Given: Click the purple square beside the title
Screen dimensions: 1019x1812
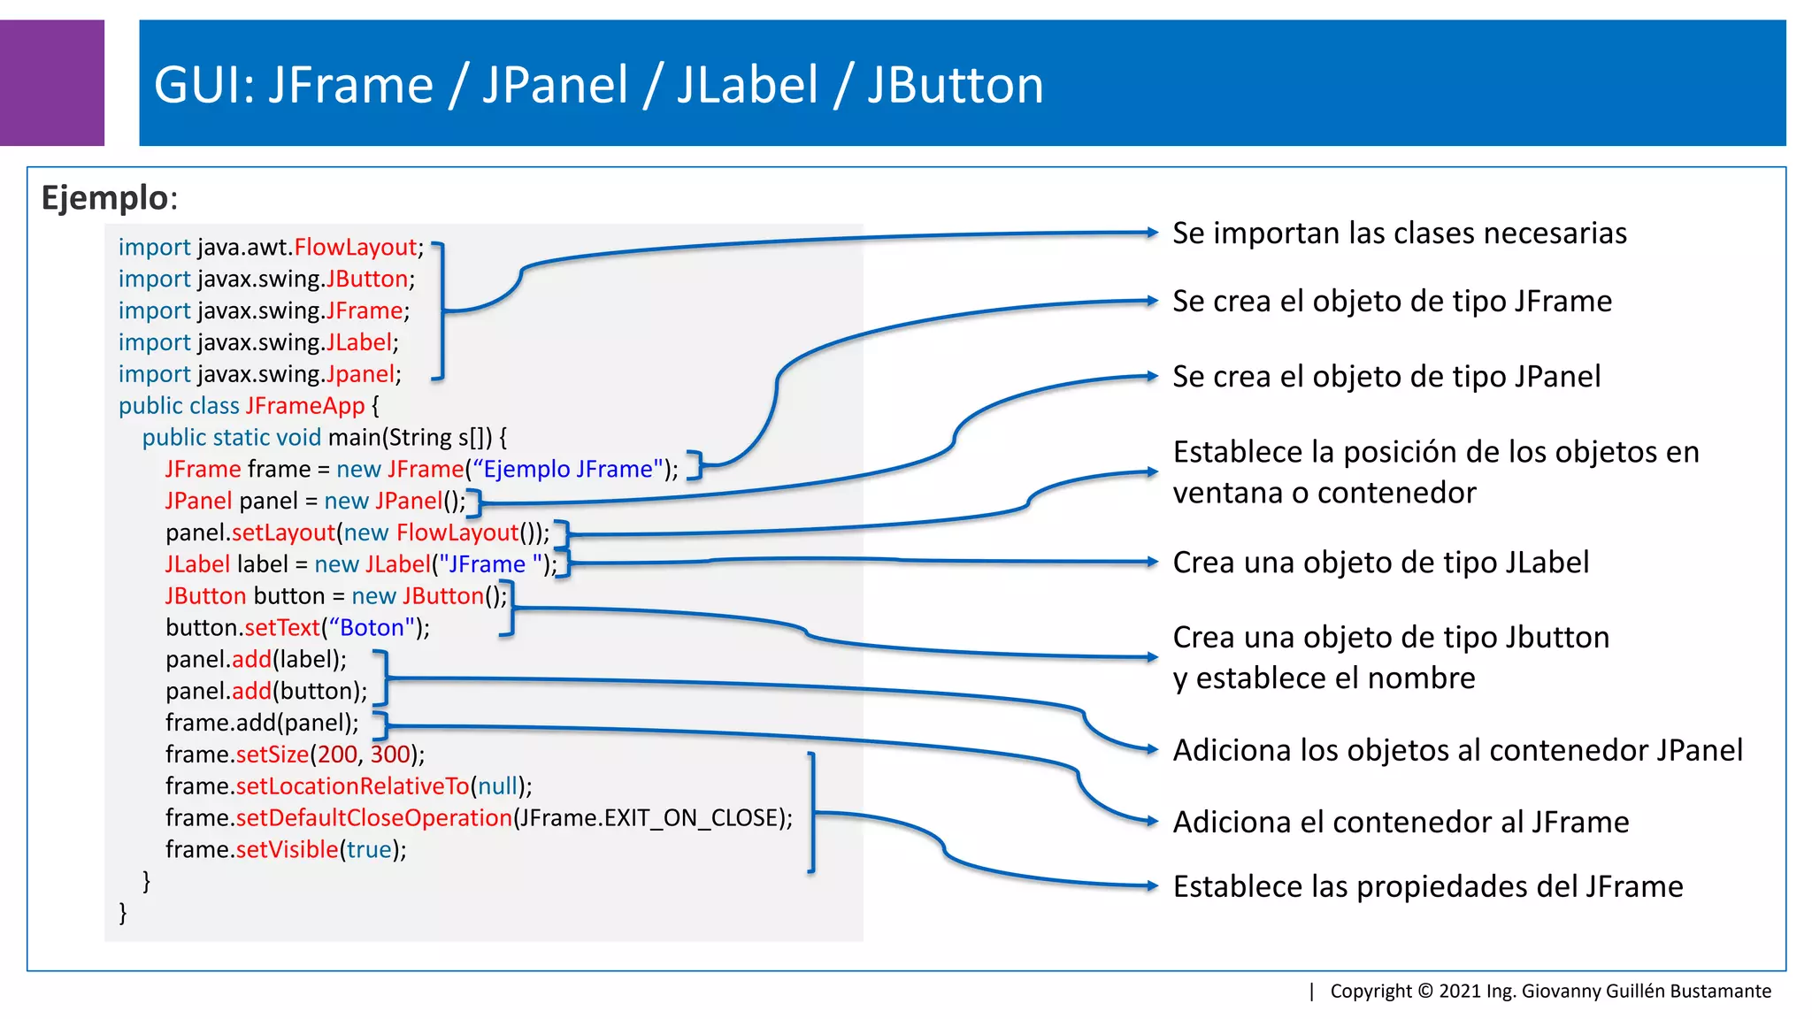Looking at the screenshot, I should (51, 82).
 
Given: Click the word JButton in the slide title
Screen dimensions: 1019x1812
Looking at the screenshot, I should (955, 86).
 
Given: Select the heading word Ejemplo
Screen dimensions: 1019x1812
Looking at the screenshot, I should (104, 197).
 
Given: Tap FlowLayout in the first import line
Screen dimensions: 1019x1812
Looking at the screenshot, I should (355, 248).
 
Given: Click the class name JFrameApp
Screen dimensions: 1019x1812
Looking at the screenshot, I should (304, 406).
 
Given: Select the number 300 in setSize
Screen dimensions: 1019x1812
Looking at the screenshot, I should (389, 755).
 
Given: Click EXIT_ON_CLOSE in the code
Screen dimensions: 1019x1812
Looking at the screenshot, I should (693, 818).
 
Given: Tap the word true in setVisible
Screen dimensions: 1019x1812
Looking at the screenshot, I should (369, 850).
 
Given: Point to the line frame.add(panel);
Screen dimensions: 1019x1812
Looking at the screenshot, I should (262, 724).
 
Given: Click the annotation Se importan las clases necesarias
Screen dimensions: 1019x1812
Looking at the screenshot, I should (1399, 234).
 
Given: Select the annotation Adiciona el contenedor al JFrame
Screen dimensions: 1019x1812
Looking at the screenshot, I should (1400, 823).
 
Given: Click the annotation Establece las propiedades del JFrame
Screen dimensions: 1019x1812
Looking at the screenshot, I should (1427, 887).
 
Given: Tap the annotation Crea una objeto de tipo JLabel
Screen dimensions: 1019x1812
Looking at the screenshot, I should (1380, 563).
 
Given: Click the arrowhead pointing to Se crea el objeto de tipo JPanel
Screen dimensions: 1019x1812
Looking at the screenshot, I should (1152, 377).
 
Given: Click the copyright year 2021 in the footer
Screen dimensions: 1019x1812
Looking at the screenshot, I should (1460, 992).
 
